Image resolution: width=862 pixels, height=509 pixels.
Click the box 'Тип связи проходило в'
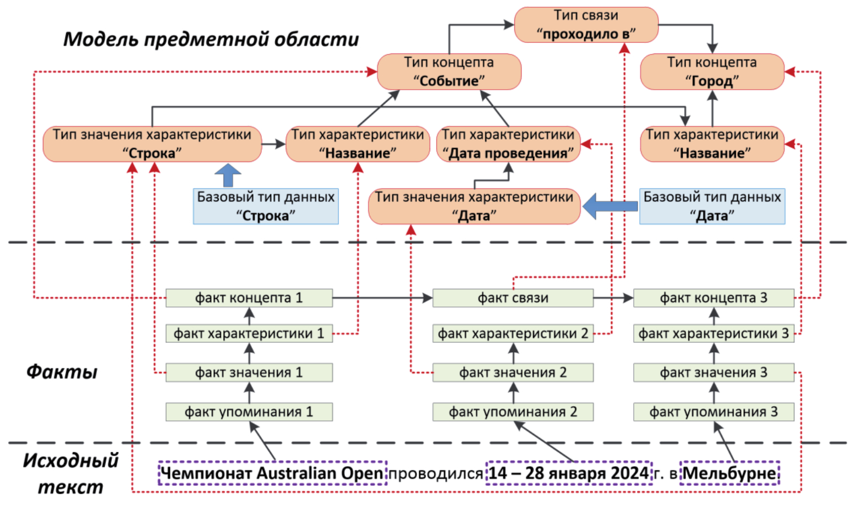coord(586,25)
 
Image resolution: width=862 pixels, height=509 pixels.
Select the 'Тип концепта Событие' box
coord(449,72)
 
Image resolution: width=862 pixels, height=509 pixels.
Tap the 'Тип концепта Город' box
coord(712,72)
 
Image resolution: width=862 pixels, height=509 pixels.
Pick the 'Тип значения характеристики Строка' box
coord(152,144)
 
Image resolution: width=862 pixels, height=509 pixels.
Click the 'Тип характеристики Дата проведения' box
coord(508,144)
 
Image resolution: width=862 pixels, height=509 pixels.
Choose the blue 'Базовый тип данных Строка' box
coord(266,206)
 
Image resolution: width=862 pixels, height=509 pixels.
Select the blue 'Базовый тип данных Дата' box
coord(712,206)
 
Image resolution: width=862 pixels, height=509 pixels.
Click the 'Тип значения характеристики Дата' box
coord(474,206)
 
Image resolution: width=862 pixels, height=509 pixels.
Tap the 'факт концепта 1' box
coord(249,298)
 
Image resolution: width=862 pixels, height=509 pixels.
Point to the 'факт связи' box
coord(513,298)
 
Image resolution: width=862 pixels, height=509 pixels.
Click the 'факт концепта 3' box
coord(713,298)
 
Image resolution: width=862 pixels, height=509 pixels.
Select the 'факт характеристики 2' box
coord(513,333)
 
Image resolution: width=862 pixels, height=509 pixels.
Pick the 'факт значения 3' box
coord(713,373)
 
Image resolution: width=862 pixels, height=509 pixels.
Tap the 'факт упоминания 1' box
coord(249,412)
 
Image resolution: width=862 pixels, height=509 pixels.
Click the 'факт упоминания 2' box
coord(513,412)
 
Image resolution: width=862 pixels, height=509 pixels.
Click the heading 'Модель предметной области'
coord(211,39)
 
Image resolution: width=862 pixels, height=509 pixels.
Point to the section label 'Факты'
coord(62,372)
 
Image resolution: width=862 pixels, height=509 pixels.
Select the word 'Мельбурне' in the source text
coord(730,473)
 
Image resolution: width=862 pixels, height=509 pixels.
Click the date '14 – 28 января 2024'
coord(569,473)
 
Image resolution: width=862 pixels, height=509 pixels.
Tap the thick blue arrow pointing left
coord(609,206)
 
